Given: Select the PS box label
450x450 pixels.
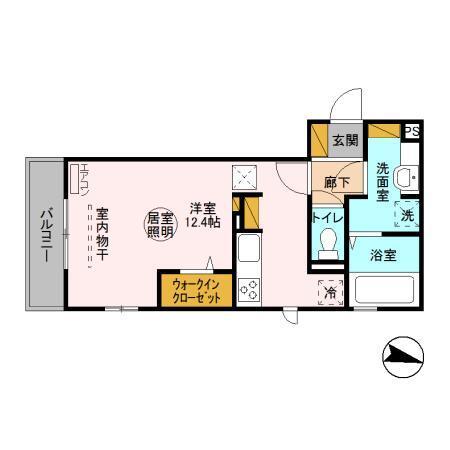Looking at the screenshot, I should tap(411, 131).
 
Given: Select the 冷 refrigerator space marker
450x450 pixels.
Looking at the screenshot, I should tap(331, 292).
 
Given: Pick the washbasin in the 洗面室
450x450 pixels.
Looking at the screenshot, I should tap(405, 177).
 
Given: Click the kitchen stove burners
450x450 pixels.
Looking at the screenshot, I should tap(250, 290).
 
